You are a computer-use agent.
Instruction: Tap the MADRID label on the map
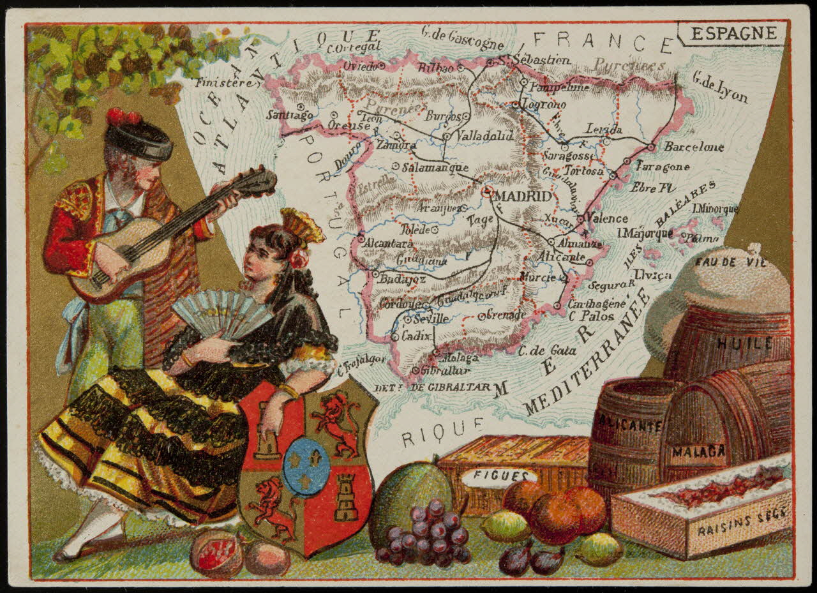(523, 196)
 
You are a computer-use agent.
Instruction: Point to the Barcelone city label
(694, 147)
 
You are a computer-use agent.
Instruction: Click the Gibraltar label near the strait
(445, 370)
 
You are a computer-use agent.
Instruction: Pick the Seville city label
(430, 319)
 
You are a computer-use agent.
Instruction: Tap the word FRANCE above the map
(603, 41)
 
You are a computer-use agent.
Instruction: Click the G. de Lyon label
(719, 87)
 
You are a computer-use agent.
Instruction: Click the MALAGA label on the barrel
(698, 452)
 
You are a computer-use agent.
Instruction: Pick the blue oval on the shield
(307, 467)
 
